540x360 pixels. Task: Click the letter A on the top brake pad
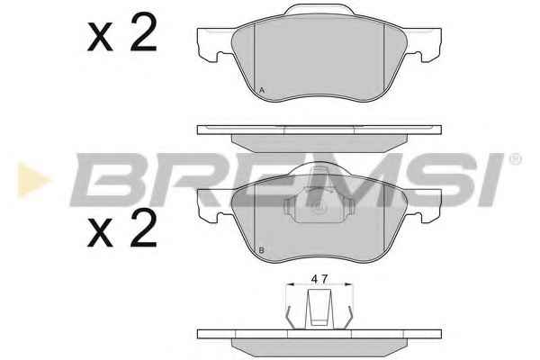[262, 91]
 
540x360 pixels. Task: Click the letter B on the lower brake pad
[261, 250]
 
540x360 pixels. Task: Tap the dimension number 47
[319, 279]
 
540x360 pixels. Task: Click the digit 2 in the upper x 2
[144, 32]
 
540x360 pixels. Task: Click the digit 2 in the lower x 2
[144, 228]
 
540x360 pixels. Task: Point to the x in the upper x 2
[100, 37]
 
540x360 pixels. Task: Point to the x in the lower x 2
[100, 232]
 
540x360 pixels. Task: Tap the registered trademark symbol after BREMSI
[515, 159]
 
